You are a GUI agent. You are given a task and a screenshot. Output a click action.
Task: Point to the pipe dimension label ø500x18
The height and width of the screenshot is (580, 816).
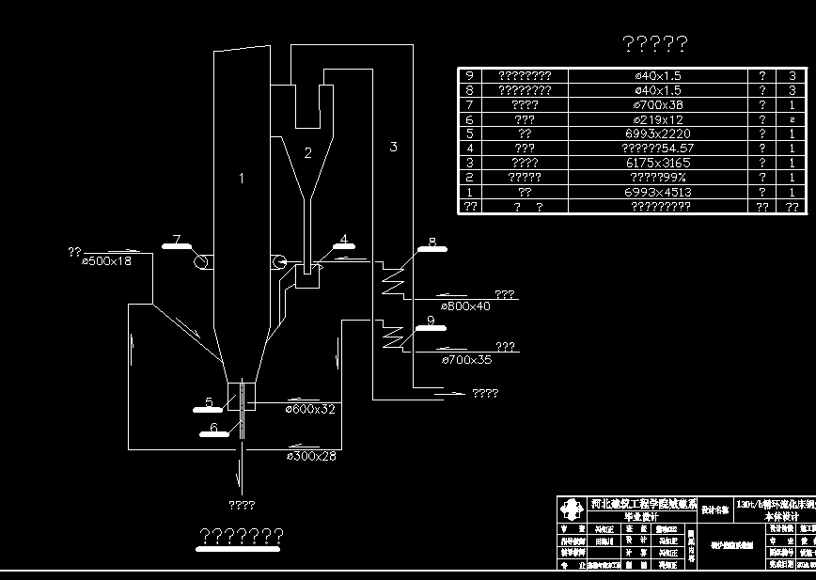[x=107, y=260]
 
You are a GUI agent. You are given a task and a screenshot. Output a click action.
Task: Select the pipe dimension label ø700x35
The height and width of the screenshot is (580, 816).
[x=465, y=360]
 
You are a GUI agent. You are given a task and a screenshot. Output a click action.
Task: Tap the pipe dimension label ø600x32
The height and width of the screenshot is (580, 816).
[x=309, y=409]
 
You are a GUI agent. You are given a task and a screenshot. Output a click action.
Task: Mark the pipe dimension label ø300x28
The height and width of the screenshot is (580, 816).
[x=311, y=456]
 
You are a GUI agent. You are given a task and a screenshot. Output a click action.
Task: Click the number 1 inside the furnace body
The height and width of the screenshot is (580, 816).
[x=241, y=178]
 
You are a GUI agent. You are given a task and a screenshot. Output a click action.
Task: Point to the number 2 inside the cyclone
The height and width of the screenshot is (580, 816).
[x=307, y=152]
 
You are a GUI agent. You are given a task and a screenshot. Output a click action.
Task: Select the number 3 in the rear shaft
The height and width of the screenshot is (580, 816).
[x=393, y=147]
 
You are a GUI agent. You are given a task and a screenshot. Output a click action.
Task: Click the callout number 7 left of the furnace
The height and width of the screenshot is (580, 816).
[x=176, y=239]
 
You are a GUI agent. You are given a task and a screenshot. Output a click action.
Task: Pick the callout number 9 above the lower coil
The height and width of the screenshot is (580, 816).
[x=431, y=321]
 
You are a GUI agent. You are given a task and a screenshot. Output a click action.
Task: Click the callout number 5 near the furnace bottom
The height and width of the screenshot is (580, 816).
[x=209, y=402]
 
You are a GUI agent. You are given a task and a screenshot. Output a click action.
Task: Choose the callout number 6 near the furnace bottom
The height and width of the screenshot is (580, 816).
[x=213, y=427]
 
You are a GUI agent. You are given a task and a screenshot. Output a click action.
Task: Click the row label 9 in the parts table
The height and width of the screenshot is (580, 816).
[x=469, y=76]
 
